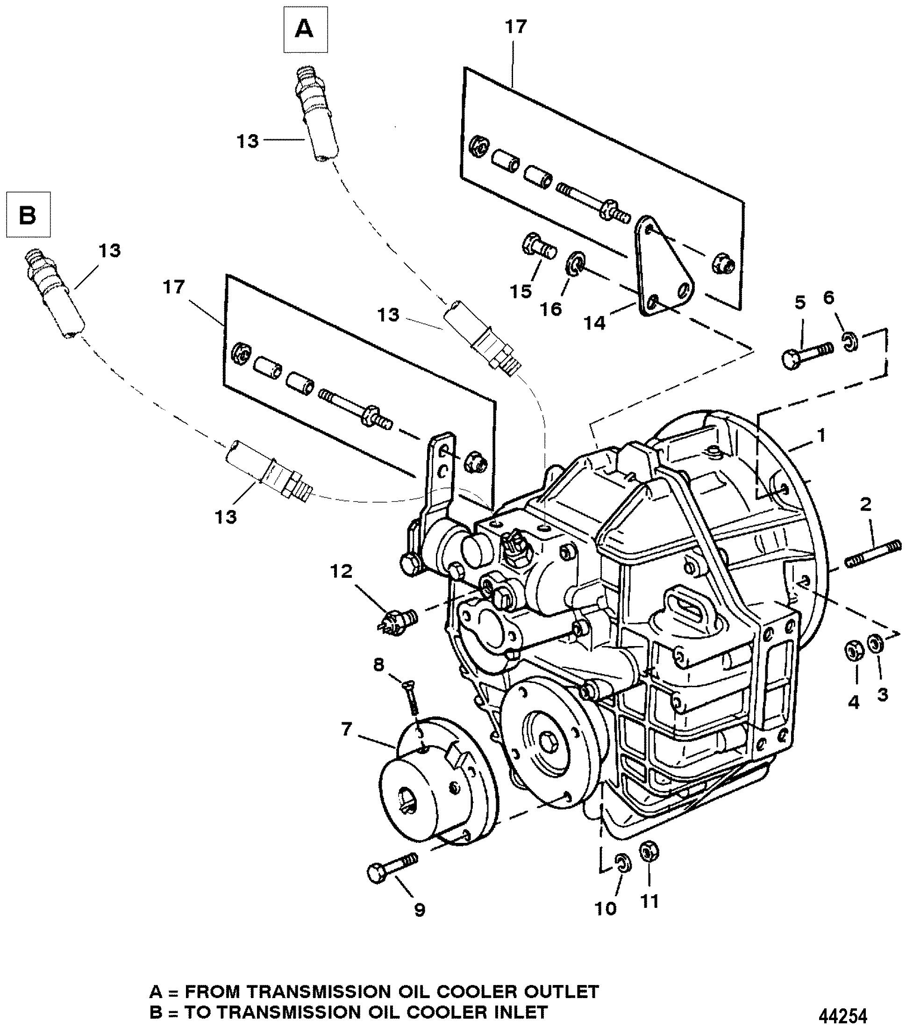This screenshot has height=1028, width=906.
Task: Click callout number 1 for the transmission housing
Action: [821, 435]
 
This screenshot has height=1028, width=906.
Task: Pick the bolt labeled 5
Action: [807, 354]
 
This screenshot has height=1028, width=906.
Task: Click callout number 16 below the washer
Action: [551, 308]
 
